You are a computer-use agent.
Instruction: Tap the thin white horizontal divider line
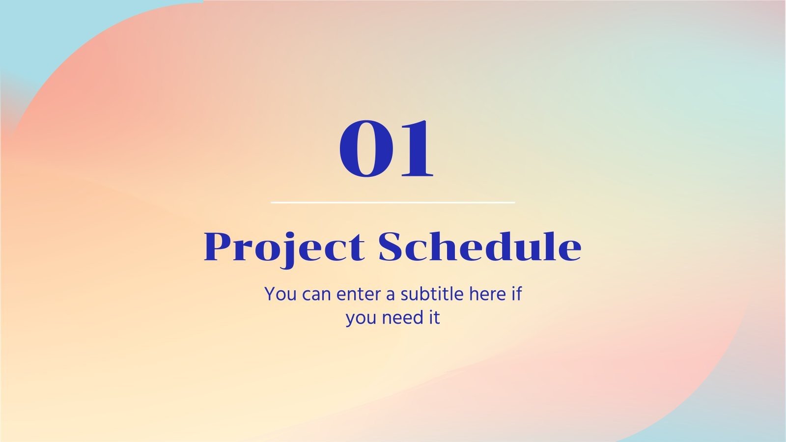coord(393,202)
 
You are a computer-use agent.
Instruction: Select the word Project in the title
coord(284,247)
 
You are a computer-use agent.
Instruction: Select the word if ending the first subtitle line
coord(516,294)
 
